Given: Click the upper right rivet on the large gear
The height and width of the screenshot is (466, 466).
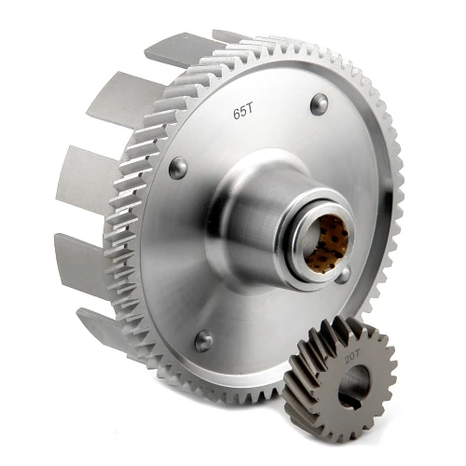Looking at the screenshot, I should [319, 103].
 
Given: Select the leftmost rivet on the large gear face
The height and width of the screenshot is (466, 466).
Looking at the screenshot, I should [177, 169].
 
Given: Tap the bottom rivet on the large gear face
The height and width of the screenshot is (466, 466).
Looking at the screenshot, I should [203, 340].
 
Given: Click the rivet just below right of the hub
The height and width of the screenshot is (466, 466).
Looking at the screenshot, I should [343, 275].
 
